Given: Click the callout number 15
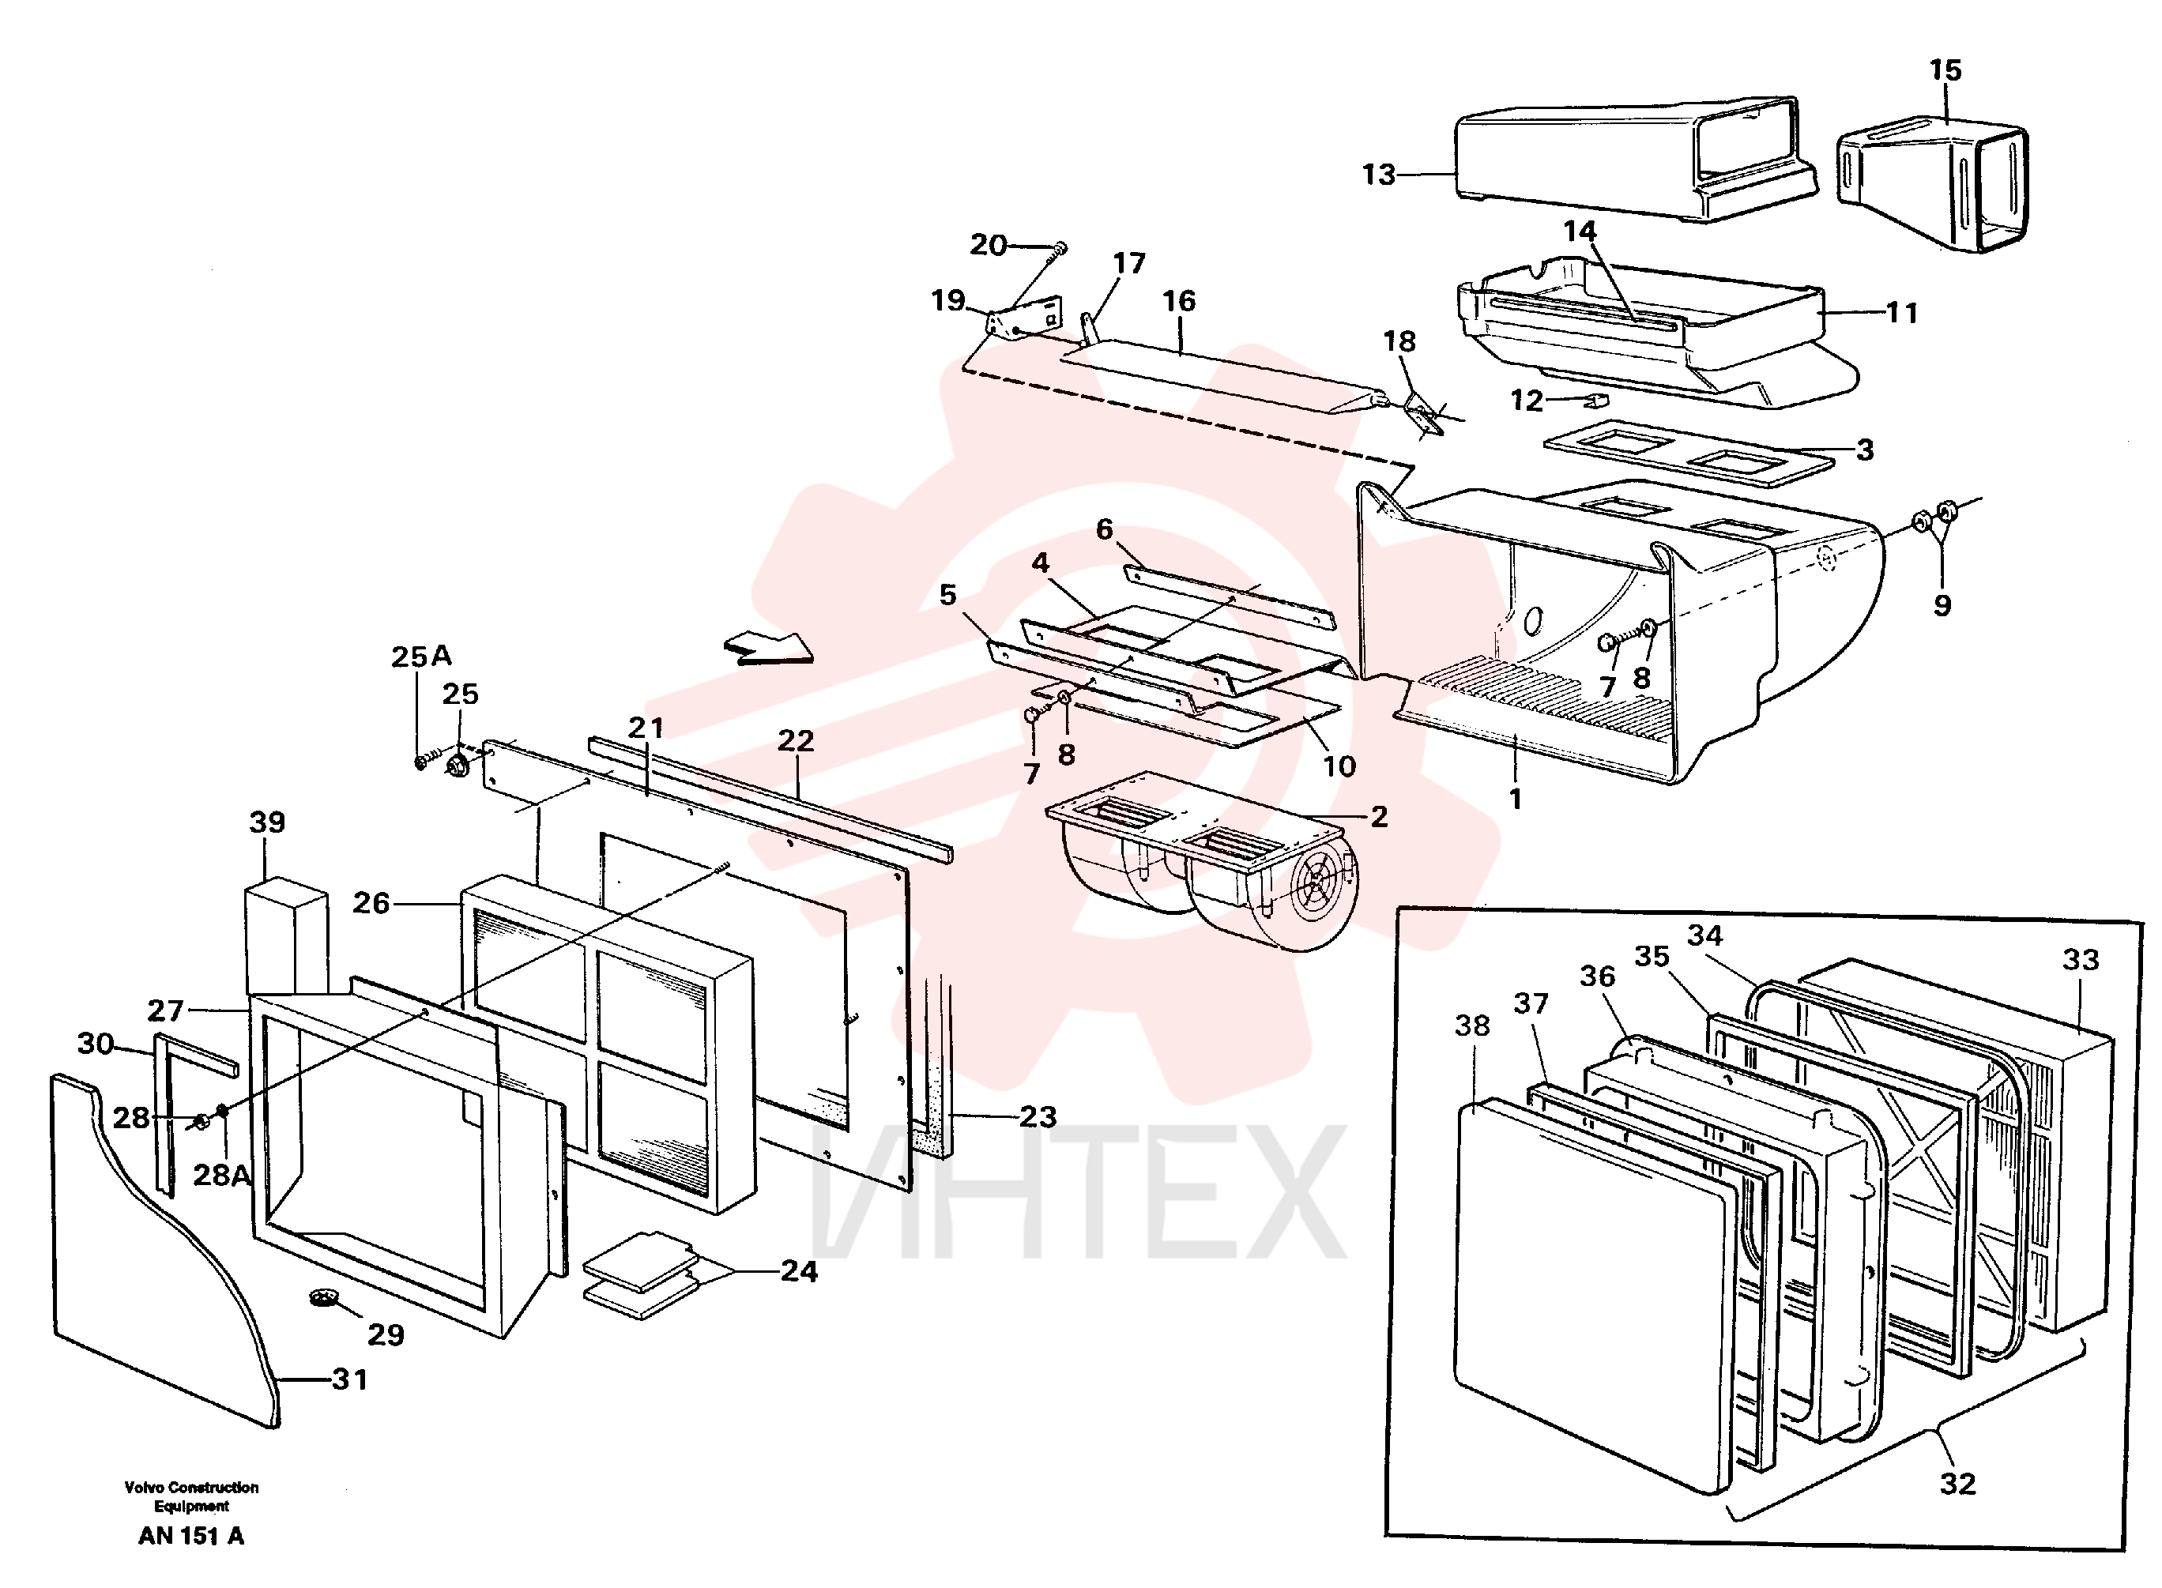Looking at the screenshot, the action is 1945,70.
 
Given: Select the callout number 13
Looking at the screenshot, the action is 1379,174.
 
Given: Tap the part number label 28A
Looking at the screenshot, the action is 221,1175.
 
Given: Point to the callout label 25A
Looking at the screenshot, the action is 421,656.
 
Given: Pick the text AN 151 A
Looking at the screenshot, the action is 191,1536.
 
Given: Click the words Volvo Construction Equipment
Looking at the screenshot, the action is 191,1496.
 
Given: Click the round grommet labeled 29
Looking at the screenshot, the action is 324,1300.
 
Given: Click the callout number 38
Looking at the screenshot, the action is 1472,1025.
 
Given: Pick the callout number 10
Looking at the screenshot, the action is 1339,766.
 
